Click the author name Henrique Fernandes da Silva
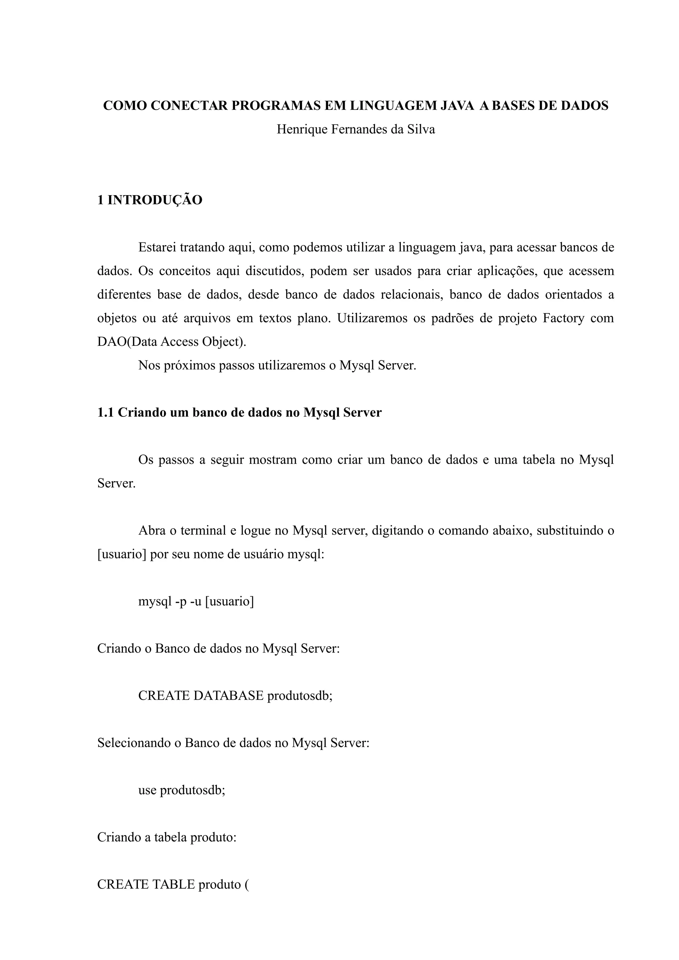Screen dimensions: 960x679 pos(356,129)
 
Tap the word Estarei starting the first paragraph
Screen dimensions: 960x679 pos(157,247)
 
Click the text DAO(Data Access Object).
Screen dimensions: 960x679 pos(171,342)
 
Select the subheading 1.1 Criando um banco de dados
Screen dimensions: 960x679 pos(239,413)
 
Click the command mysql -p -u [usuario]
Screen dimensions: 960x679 pos(196,601)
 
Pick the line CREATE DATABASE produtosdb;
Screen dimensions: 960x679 pos(235,696)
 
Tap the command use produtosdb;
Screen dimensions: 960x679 pos(182,790)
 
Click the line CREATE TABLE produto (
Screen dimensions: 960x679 pos(173,884)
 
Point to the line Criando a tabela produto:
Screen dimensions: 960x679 pos(167,837)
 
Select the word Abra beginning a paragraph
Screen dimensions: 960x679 pos(152,531)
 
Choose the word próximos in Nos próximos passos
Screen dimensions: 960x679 pos(190,365)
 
